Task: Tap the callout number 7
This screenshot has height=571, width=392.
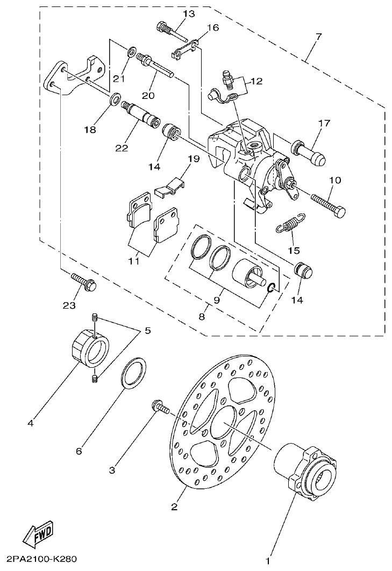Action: pyautogui.click(x=318, y=37)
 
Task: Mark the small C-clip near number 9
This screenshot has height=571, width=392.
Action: pyautogui.click(x=272, y=287)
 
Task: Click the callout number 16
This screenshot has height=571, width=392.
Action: pyautogui.click(x=212, y=27)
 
